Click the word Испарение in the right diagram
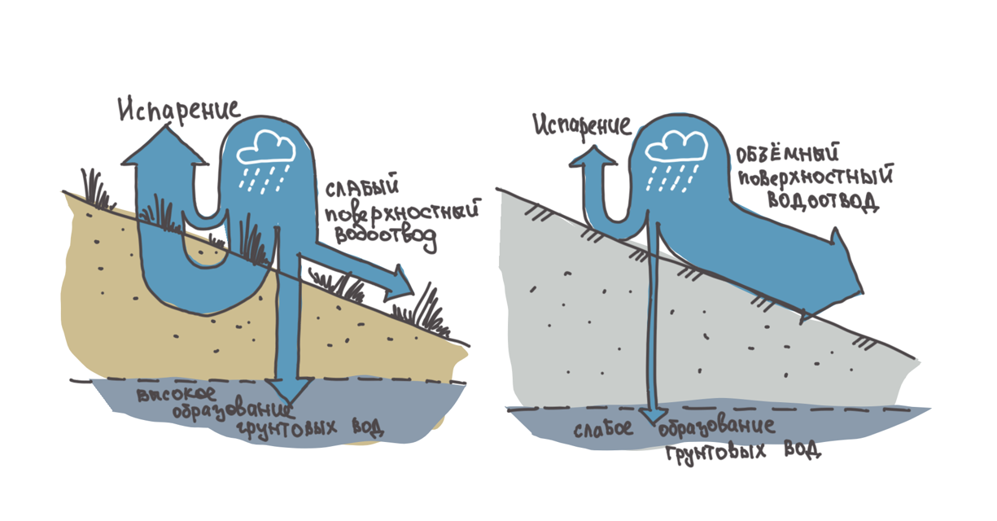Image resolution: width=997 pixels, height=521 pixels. click(x=582, y=125)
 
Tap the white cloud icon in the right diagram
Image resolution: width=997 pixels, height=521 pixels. click(x=675, y=143)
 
